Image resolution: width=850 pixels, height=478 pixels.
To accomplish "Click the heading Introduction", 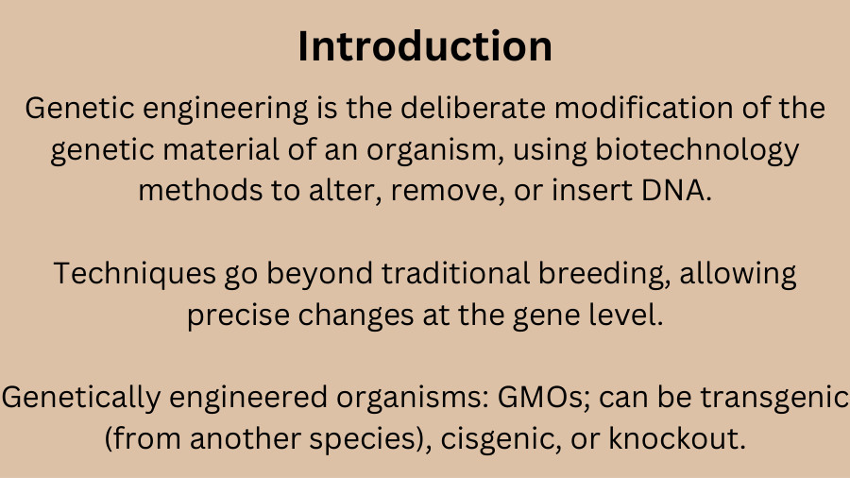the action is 425,46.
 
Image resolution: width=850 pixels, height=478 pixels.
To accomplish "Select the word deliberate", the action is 473,108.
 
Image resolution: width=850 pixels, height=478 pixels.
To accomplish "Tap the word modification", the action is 644,108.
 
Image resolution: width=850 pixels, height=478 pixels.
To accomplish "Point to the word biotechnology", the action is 697,150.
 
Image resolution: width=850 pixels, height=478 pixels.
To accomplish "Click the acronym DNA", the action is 676,190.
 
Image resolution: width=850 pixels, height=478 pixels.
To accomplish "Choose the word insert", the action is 592,190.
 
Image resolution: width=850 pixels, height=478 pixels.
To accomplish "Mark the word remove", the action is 448,192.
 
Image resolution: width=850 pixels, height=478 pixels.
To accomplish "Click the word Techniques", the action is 134,274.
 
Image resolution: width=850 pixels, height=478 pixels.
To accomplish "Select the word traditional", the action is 455,273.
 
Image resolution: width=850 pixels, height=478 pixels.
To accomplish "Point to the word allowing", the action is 738,274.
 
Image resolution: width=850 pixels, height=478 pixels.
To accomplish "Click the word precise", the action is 239,316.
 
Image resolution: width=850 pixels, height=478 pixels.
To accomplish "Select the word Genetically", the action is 81,398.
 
